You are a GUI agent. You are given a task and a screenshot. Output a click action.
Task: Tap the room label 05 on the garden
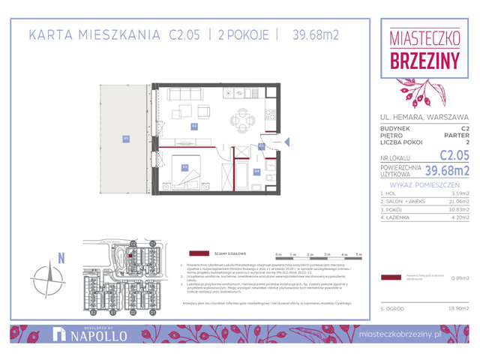click(127, 138)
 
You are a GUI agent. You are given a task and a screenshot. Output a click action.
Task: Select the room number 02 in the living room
click(193, 127)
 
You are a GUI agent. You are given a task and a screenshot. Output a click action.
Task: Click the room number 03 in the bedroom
click(184, 167)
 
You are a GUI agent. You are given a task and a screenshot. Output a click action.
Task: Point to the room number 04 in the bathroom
click(256, 171)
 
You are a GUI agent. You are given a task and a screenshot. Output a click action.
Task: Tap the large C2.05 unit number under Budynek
click(454, 155)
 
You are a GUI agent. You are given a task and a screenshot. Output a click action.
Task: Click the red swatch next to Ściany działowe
click(198, 253)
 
